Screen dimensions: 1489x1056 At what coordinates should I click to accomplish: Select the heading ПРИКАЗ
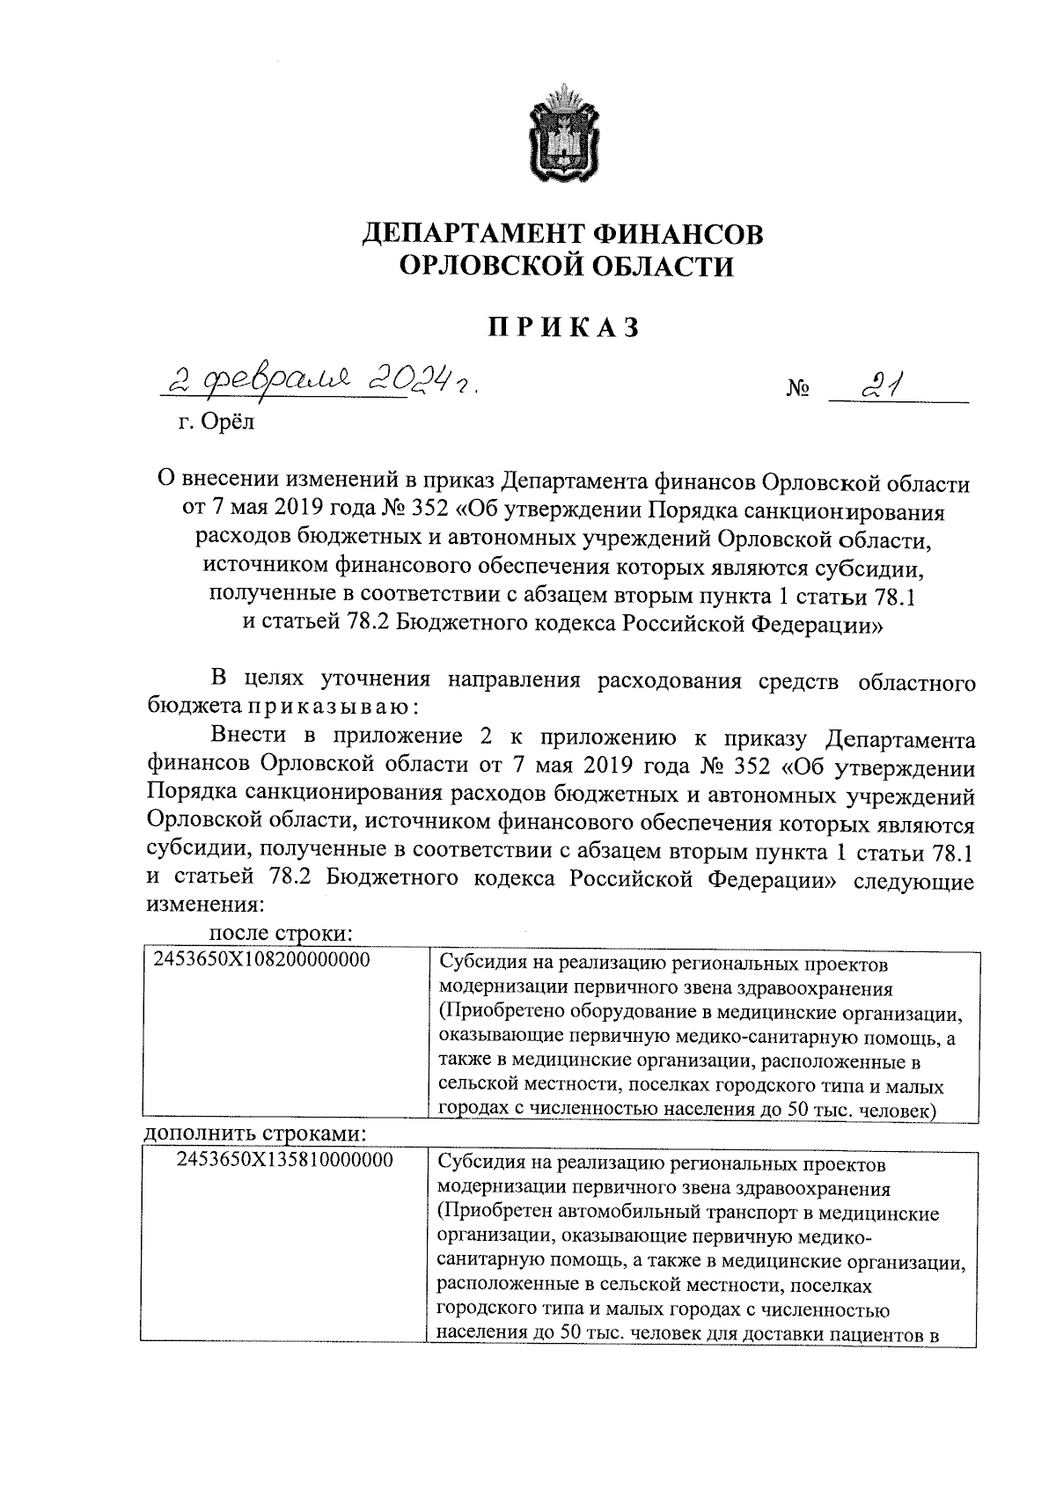tap(563, 327)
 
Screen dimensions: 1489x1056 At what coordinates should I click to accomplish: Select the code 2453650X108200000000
tap(261, 960)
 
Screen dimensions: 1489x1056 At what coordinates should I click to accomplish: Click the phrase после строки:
tap(281, 931)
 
